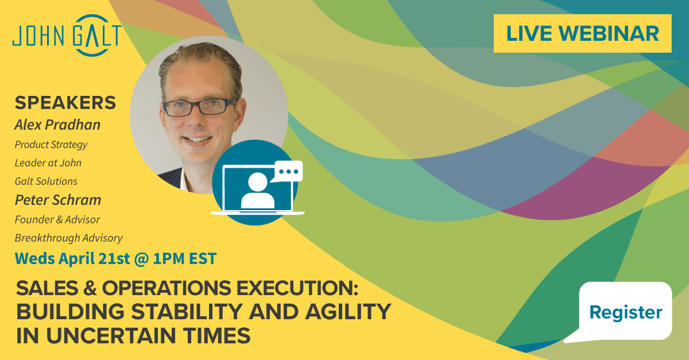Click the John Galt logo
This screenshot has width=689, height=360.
pyautogui.click(x=67, y=36)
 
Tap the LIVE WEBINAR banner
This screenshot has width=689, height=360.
pyautogui.click(x=582, y=33)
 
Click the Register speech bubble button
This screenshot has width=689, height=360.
pyautogui.click(x=622, y=312)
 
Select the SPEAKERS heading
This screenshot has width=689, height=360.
pyautogui.click(x=65, y=102)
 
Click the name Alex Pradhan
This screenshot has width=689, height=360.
pyautogui.click(x=57, y=125)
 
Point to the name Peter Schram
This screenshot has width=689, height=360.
pyautogui.click(x=58, y=200)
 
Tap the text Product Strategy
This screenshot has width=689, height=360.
pyautogui.click(x=51, y=145)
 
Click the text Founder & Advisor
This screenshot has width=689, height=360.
pyautogui.click(x=57, y=220)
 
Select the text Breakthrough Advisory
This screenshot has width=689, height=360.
pyautogui.click(x=68, y=238)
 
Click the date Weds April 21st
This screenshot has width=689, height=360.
pyautogui.click(x=72, y=258)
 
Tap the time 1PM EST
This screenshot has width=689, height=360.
pyautogui.click(x=185, y=258)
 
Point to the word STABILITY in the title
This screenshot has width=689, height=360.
pyautogui.click(x=187, y=312)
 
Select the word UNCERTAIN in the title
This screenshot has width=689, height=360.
pyautogui.click(x=111, y=335)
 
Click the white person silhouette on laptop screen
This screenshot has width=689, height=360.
pyautogui.click(x=258, y=191)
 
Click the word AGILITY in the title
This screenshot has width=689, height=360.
pyautogui.click(x=348, y=312)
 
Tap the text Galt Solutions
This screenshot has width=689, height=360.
pyautogui.click(x=46, y=181)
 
